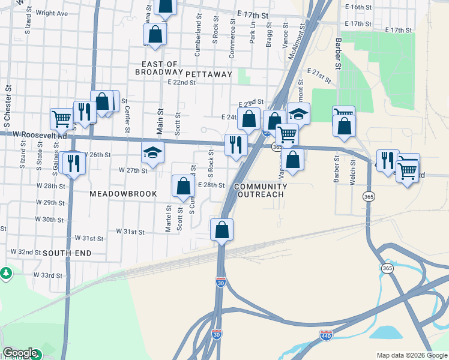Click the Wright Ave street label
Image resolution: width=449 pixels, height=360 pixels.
(x=52, y=13)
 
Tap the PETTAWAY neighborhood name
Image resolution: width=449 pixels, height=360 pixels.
(x=208, y=74)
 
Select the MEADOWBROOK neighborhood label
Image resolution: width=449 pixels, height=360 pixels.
(x=123, y=194)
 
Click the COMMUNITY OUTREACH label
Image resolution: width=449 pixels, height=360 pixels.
(x=261, y=191)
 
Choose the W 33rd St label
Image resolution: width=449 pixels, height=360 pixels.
(x=48, y=275)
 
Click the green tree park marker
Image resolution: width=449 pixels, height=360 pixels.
(x=6, y=274)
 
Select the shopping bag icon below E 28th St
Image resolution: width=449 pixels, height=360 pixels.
(x=221, y=230)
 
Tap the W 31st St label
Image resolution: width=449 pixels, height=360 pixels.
(x=131, y=231)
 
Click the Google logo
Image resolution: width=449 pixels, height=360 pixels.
(x=20, y=353)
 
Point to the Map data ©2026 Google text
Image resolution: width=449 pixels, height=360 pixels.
(x=411, y=355)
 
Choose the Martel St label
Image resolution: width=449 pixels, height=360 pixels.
(x=169, y=218)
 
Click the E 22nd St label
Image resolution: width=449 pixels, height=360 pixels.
(x=182, y=83)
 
